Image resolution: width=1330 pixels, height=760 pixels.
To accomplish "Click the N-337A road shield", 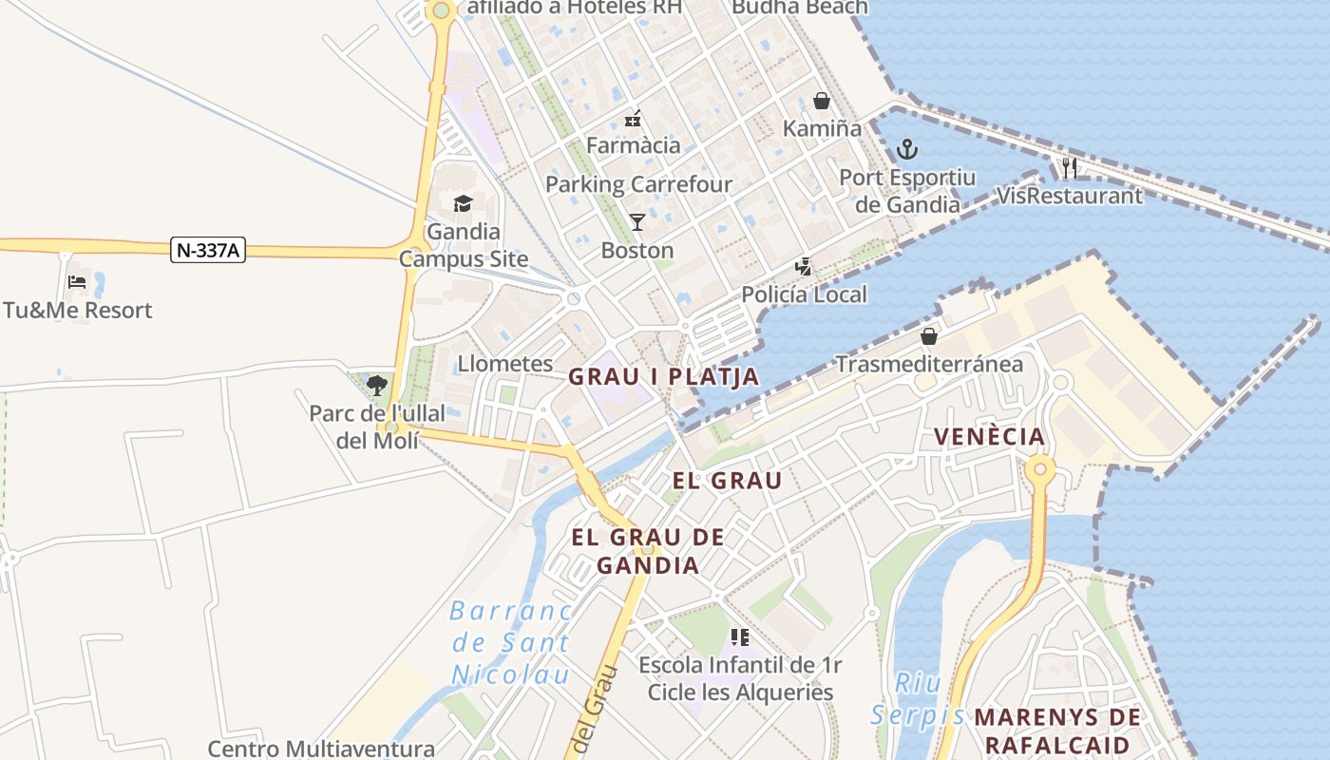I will click(x=208, y=251).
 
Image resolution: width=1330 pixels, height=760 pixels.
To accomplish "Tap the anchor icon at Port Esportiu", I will click(x=907, y=149).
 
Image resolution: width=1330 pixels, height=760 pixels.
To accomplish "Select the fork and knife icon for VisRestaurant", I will click(x=1070, y=168).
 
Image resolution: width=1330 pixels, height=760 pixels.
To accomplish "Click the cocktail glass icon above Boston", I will click(x=636, y=222).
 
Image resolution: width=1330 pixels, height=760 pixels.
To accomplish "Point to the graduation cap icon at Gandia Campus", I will click(x=463, y=203).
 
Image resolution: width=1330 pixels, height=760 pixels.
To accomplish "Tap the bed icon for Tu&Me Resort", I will click(x=77, y=282).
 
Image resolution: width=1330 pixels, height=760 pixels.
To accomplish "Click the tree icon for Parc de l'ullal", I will click(x=377, y=385).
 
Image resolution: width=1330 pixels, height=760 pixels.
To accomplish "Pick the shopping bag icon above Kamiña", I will click(x=821, y=101).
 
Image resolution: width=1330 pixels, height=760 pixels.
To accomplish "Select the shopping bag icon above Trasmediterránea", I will click(x=928, y=336).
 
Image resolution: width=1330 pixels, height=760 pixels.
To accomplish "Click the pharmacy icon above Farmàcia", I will click(x=633, y=119).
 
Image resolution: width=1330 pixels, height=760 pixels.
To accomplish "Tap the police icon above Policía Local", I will click(x=804, y=267).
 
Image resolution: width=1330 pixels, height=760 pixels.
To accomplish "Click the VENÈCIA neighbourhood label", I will click(x=989, y=437).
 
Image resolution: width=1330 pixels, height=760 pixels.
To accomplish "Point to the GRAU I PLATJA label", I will click(x=664, y=377).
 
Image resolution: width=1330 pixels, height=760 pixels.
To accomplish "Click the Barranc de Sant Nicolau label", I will click(x=511, y=643).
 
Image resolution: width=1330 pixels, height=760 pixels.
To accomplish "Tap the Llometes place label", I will click(x=505, y=364).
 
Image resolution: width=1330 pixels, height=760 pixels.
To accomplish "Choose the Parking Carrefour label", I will click(x=638, y=184).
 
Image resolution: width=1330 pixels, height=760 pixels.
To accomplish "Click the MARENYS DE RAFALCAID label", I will click(x=1057, y=731).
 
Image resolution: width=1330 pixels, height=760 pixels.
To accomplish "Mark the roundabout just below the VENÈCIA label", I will click(x=1040, y=468).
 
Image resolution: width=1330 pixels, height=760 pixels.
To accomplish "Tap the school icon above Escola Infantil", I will click(x=740, y=636).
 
